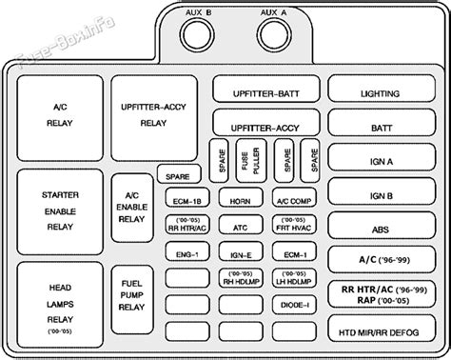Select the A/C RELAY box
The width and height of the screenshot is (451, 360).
click(x=60, y=115)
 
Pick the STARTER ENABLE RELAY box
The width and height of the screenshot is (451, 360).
click(x=60, y=210)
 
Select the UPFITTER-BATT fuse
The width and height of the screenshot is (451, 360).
click(x=266, y=93)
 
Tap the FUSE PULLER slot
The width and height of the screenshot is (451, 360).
click(x=250, y=157)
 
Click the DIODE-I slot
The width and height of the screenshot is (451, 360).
click(x=293, y=306)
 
